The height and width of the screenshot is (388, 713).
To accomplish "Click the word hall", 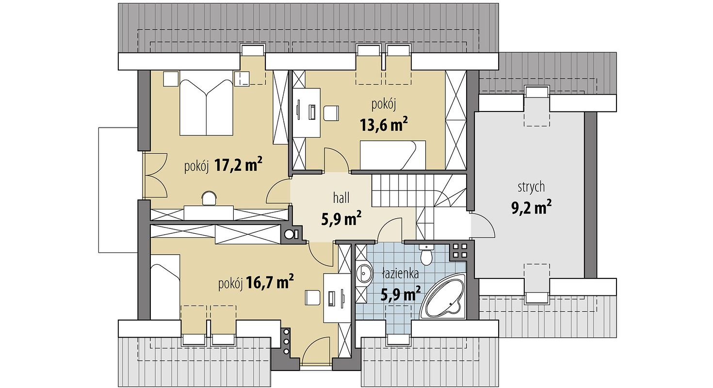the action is click(341, 198).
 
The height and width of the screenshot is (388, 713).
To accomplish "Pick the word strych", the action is click(531, 187).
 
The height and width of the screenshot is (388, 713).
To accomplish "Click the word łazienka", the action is click(401, 274).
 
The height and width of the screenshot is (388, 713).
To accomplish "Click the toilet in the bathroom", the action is click(426, 255).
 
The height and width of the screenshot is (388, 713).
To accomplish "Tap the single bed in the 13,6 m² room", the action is click(393, 155).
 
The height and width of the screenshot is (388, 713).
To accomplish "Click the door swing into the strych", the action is click(483, 226).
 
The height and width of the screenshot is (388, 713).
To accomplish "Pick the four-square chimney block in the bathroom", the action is click(459, 250).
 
